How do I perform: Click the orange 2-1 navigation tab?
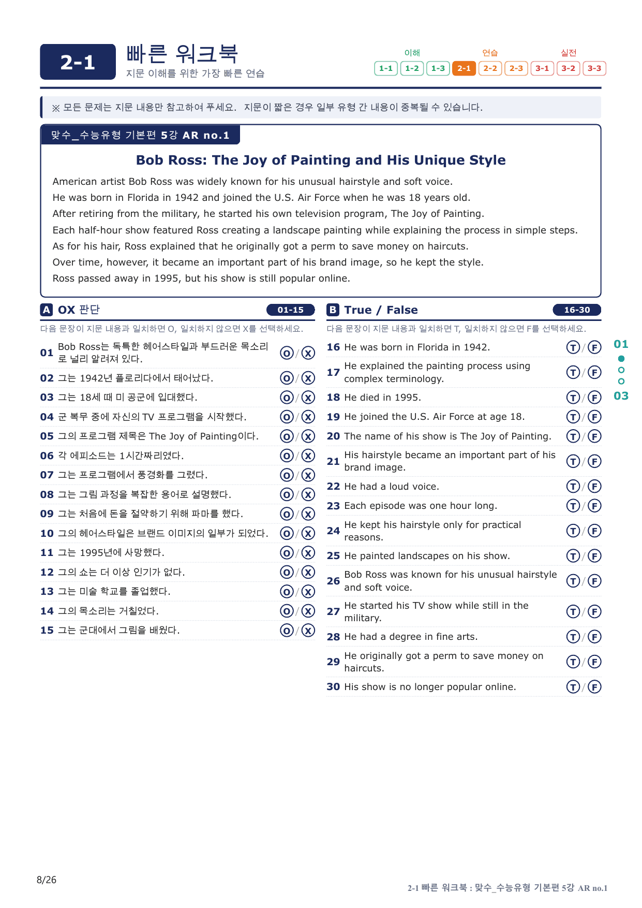click(464, 68)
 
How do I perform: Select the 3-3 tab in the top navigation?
click(594, 68)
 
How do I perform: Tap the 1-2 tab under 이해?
click(412, 68)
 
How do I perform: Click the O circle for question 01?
click(287, 353)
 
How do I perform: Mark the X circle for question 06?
click(308, 456)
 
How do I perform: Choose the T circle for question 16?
click(573, 347)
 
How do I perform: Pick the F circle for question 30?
click(595, 687)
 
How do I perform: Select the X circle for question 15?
click(308, 630)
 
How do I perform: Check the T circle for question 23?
click(573, 506)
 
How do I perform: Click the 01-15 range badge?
click(291, 310)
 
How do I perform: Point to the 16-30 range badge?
click(577, 310)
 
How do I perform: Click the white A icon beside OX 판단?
click(47, 310)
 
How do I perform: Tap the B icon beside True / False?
click(333, 310)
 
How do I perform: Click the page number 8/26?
click(47, 880)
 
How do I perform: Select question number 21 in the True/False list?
click(333, 461)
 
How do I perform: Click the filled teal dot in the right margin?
click(621, 359)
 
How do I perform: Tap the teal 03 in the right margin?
click(621, 396)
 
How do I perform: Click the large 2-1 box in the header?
click(78, 62)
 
